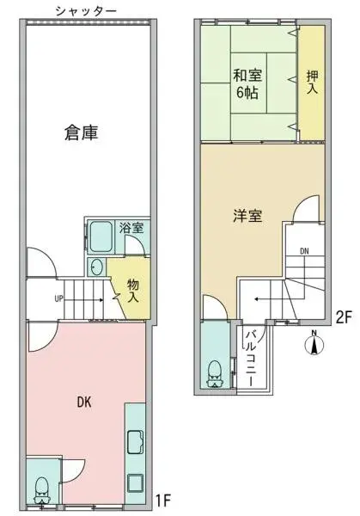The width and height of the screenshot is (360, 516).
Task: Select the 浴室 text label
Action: click(131, 229)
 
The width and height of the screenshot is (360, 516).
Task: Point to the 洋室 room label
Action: click(247, 216)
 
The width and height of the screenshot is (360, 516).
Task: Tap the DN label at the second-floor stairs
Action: click(304, 251)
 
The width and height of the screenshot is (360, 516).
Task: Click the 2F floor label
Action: click(344, 316)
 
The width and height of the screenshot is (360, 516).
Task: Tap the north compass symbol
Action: click(314, 344)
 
